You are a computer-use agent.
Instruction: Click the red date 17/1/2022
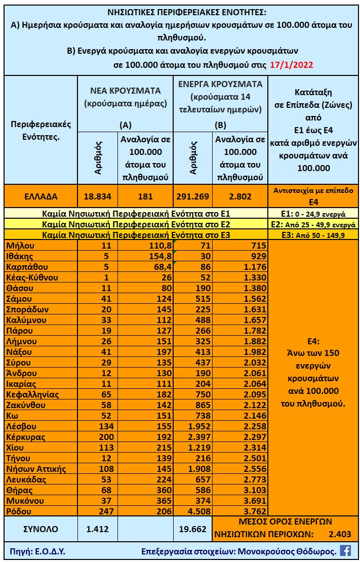[x=292, y=65]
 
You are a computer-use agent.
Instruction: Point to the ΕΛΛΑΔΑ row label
[x=40, y=196]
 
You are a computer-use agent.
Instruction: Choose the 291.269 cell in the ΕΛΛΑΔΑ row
[x=192, y=196]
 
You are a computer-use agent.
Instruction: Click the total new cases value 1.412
[x=98, y=529]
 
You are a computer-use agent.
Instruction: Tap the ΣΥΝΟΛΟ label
[x=41, y=529]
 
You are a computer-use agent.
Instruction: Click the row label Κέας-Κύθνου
[x=32, y=277]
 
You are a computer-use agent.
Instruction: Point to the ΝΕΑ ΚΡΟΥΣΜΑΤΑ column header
[x=125, y=91]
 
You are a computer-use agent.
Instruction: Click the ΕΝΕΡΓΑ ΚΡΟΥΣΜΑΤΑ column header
[x=220, y=84]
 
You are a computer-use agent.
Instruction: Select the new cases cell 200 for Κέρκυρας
[x=98, y=437]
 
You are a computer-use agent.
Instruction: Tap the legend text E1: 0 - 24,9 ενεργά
[x=313, y=214]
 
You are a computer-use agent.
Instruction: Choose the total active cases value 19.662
[x=192, y=529]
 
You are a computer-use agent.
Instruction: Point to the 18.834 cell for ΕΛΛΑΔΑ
[x=98, y=196]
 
